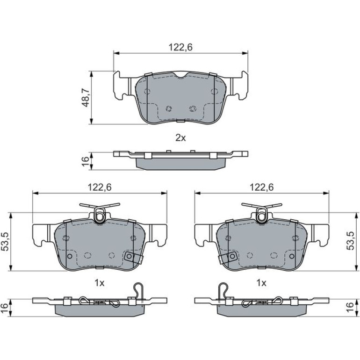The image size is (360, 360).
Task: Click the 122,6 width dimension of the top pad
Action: coord(180,47)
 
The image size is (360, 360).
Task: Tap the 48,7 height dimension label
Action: coord(86,98)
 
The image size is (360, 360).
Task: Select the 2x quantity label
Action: coord(180,138)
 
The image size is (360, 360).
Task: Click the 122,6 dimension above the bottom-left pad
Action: coord(100,187)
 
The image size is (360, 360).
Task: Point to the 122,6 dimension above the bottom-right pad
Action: coord(261,187)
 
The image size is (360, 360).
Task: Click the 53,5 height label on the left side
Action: coord(6,241)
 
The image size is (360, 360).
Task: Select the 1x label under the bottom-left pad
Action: coord(100,283)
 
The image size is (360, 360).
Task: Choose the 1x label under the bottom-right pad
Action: coord(261,283)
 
